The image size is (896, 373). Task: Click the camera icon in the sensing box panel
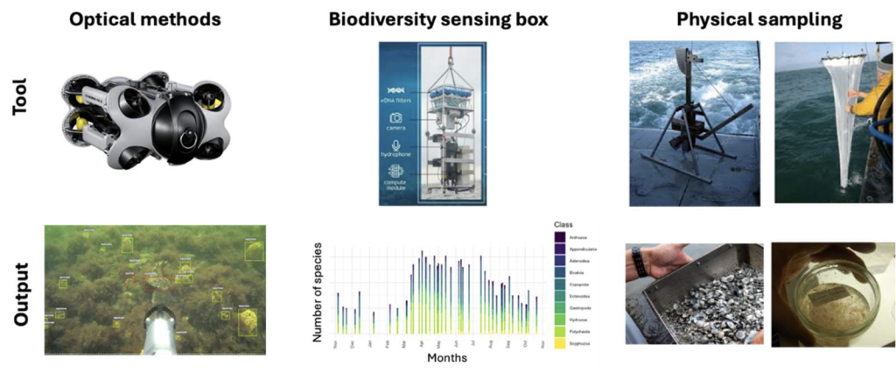pos(395,117)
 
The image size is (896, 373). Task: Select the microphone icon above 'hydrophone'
pos(395,145)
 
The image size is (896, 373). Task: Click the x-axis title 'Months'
pos(446,357)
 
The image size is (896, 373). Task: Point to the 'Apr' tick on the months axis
pos(422,344)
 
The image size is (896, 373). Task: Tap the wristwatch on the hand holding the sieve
pos(640,263)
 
